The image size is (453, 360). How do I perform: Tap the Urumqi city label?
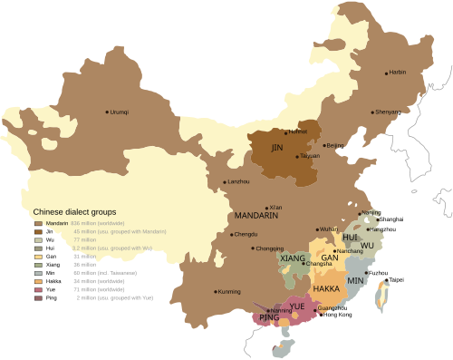120,112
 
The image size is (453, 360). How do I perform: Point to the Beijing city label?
334,145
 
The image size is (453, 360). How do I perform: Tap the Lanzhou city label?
239,182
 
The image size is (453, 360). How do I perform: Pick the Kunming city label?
229,292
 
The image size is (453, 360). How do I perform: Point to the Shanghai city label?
391,219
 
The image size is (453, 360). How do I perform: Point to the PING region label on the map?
269,318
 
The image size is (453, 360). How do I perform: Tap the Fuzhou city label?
379,272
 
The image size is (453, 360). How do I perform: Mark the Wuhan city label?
328,229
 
